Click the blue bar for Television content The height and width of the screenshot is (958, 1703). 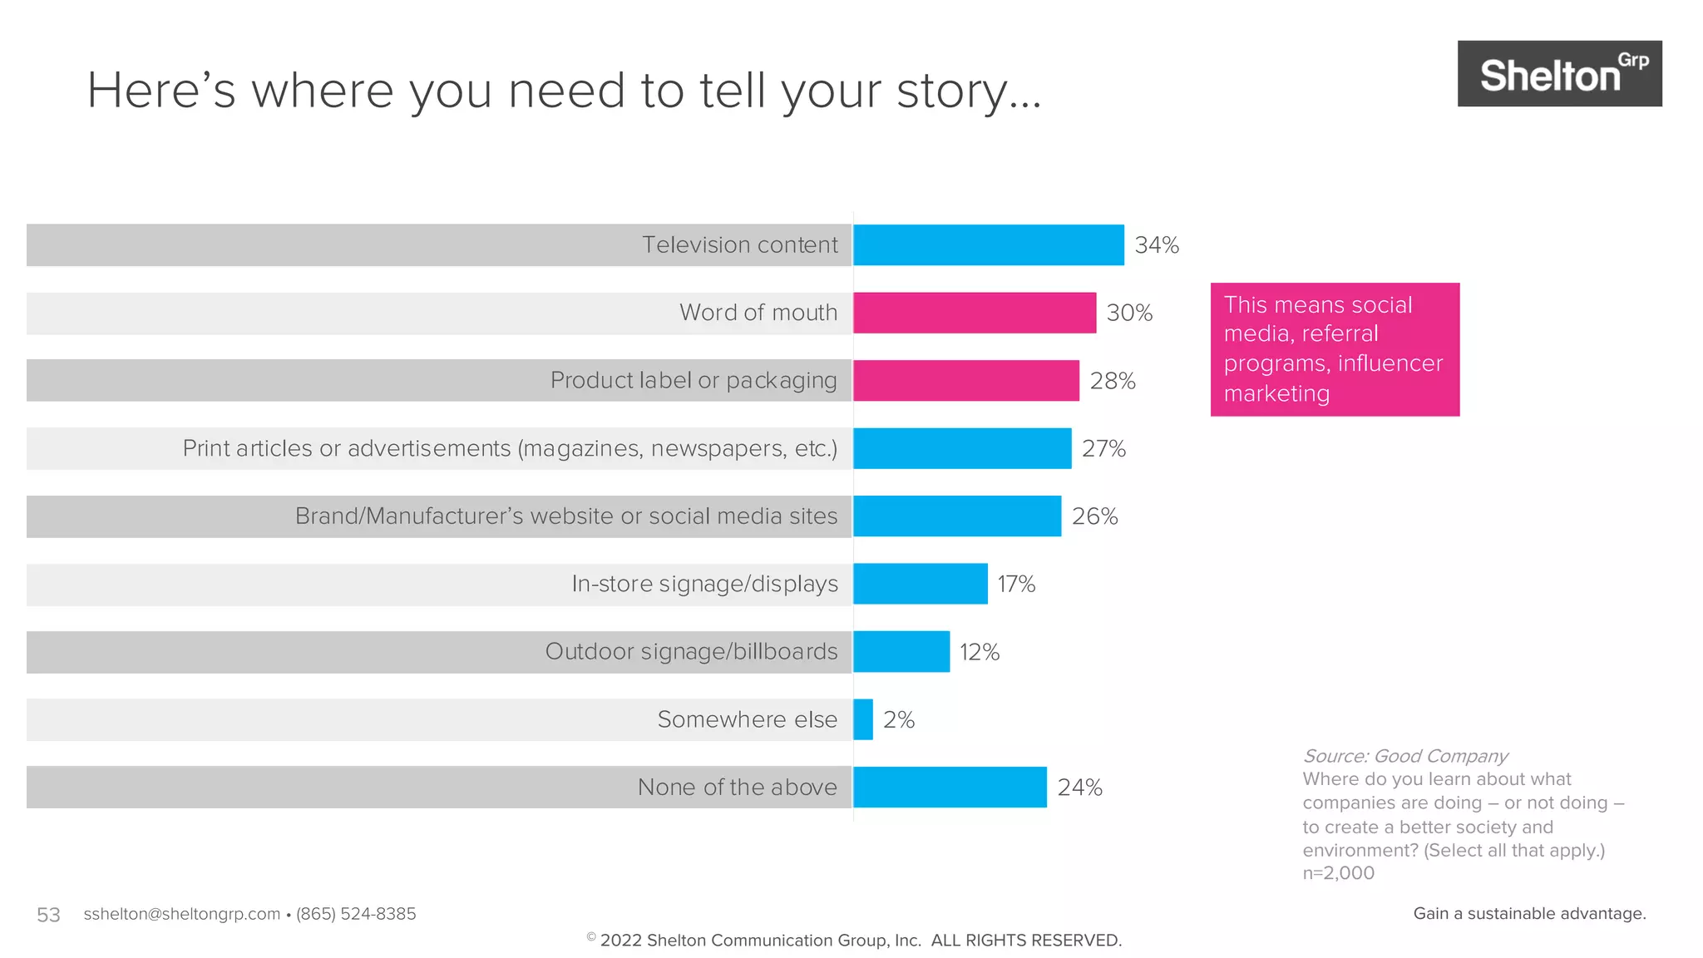point(988,245)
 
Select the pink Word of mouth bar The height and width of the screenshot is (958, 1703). point(974,313)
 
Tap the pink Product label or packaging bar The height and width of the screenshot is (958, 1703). point(965,381)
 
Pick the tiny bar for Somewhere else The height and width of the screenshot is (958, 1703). point(863,719)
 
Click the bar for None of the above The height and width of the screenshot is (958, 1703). point(950,787)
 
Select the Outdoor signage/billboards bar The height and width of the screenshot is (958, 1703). point(901,652)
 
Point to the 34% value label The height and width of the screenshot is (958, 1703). point(1157,245)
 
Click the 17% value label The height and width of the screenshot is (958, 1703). point(1016,585)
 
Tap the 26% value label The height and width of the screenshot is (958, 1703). point(1094,516)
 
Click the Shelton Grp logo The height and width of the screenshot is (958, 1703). point(1559,74)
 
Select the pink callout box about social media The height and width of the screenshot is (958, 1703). point(1335,349)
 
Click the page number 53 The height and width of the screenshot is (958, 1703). point(48,915)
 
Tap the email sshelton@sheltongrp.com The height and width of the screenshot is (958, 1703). point(181,914)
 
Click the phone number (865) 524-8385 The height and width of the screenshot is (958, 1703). point(356,914)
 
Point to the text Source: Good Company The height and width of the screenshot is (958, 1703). point(1404,756)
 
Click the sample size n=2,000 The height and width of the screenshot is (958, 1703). point(1338,873)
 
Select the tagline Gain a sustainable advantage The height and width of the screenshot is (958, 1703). point(1529,913)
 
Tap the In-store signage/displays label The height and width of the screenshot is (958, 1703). point(704,585)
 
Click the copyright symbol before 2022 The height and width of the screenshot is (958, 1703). point(591,937)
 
